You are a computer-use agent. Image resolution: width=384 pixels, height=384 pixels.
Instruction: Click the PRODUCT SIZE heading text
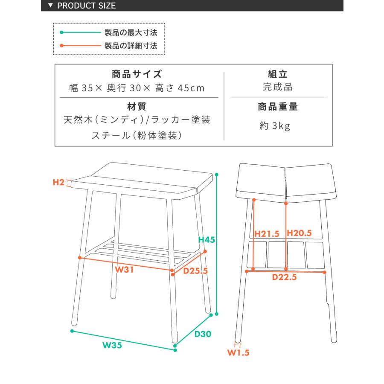point(86,6)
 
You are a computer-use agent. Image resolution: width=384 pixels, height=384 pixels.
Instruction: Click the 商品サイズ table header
point(137,74)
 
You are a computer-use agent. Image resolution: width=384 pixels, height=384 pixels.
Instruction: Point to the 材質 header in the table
point(137,106)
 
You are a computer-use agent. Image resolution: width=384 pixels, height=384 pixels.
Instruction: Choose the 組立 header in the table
point(277,74)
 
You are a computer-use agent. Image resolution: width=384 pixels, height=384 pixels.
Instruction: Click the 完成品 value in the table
point(277,87)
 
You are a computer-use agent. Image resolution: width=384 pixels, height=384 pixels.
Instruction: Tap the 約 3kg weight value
point(275,126)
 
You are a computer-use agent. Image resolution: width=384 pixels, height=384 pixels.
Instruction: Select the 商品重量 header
point(278,107)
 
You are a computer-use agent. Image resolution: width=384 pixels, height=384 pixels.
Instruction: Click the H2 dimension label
point(58,183)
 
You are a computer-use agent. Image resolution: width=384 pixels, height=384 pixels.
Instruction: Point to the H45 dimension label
point(207,240)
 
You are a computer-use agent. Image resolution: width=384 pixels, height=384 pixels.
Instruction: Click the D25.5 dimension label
point(195,271)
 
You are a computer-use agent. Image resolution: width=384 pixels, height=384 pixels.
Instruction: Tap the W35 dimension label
point(113,346)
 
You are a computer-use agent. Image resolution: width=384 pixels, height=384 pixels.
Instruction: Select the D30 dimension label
point(203,334)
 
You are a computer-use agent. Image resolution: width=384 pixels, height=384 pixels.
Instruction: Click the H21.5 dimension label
point(267,234)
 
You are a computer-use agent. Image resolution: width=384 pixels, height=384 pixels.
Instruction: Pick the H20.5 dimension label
point(300,233)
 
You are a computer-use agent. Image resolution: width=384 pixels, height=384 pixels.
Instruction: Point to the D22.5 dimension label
point(285,277)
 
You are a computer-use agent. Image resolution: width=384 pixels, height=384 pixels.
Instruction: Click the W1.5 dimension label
point(238,353)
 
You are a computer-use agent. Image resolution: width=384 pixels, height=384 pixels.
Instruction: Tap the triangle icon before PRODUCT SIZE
point(51,6)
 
